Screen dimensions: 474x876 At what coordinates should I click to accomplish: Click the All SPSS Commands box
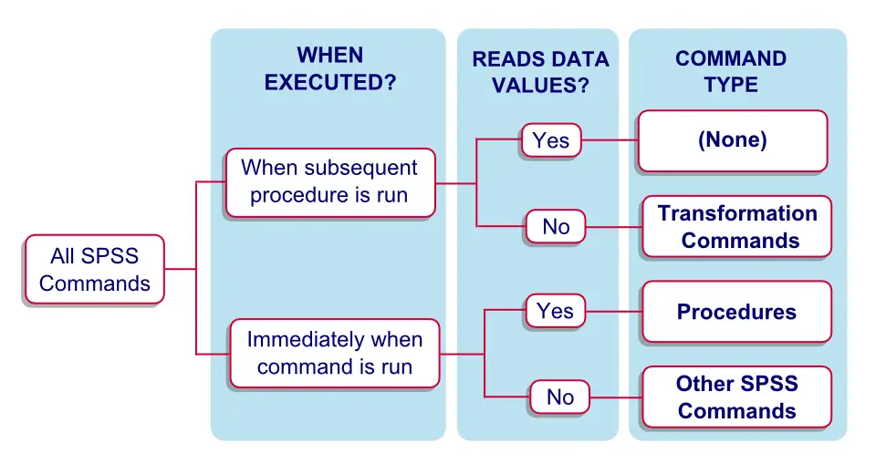(x=94, y=270)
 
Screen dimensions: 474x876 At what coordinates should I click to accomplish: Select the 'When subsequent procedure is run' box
(x=329, y=181)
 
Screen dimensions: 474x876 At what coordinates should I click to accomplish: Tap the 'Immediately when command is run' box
(x=334, y=353)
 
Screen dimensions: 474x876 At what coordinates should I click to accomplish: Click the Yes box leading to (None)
(x=551, y=140)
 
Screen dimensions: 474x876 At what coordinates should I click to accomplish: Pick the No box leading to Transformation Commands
(x=556, y=227)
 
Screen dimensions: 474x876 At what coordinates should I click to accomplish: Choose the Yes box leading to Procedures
(x=555, y=311)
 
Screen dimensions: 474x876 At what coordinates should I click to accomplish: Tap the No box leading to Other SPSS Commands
(x=560, y=397)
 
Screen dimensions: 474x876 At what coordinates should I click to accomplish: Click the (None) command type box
(x=732, y=140)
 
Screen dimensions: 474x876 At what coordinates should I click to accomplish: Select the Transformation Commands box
(x=737, y=227)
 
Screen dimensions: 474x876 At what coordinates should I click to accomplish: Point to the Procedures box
(x=736, y=312)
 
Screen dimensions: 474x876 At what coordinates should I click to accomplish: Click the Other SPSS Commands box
(x=736, y=397)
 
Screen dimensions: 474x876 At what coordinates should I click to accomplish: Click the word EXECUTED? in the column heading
(x=330, y=82)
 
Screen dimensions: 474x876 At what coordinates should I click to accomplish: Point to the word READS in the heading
(x=504, y=60)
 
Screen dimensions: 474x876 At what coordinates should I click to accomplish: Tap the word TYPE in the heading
(x=731, y=85)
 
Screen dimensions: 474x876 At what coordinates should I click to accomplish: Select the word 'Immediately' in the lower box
(x=302, y=340)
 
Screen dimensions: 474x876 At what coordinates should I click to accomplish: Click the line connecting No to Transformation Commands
(x=613, y=227)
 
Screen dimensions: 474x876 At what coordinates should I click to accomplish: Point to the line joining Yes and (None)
(x=609, y=140)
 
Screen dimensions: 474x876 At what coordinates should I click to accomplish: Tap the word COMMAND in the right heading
(x=731, y=59)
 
